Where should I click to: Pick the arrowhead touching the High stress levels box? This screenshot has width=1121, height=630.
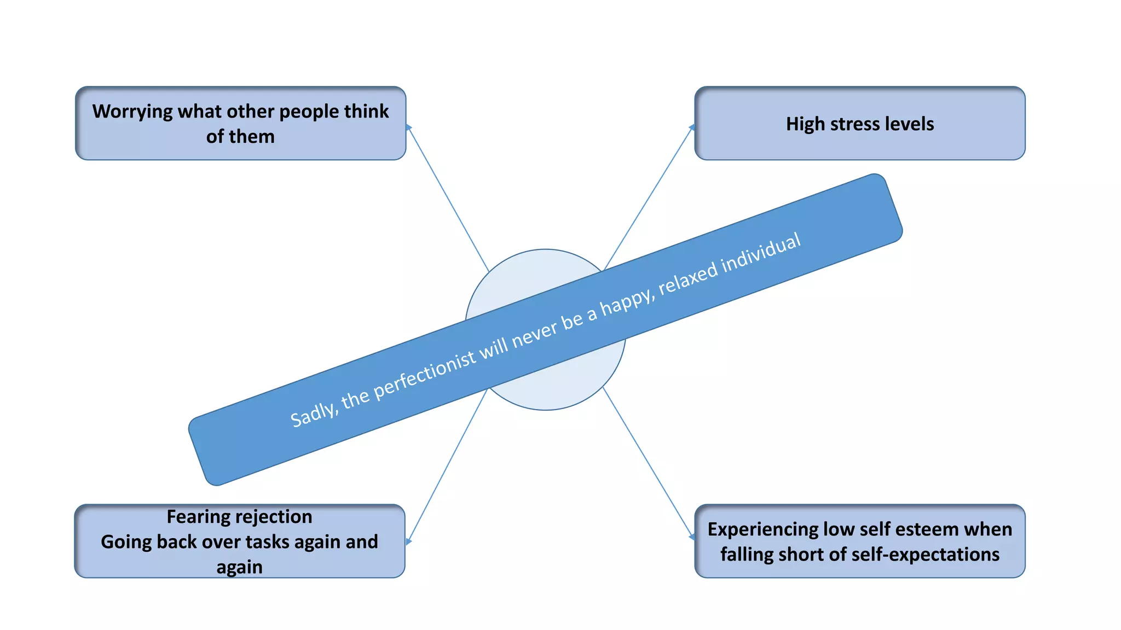click(x=692, y=127)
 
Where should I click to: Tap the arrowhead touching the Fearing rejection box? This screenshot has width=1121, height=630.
click(x=408, y=541)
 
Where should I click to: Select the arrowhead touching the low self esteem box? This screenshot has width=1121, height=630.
click(x=692, y=538)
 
